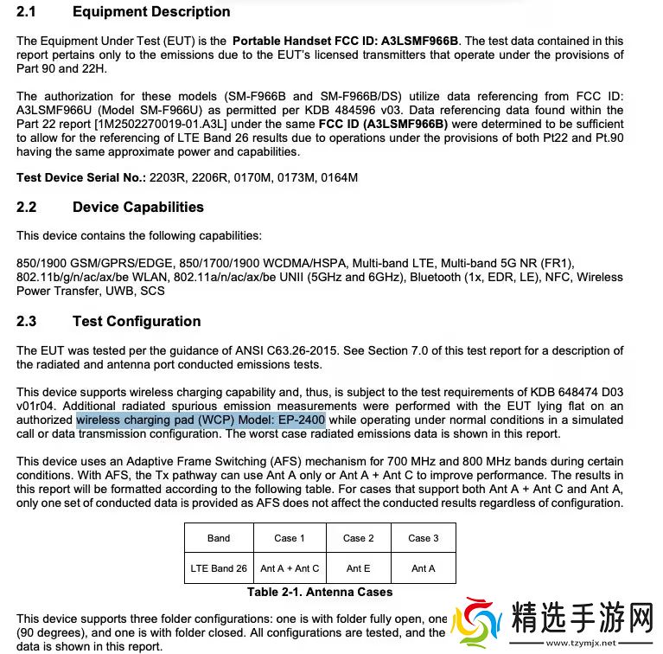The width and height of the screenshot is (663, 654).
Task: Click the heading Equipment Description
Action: point(151,12)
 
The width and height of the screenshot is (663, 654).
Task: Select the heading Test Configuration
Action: point(137,322)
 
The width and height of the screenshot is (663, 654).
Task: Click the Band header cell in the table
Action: point(219,538)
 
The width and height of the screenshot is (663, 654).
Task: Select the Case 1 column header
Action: point(290,538)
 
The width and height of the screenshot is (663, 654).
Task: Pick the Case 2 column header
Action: point(359,538)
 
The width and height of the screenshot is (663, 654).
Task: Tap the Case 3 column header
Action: point(424,538)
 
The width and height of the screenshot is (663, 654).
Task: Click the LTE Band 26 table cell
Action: point(219,568)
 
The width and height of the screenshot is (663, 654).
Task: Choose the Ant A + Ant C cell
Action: point(290,568)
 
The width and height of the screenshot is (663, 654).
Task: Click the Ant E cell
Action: point(359,568)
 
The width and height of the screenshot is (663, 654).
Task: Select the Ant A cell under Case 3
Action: point(424,568)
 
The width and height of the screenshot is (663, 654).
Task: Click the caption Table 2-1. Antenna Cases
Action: point(320,593)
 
